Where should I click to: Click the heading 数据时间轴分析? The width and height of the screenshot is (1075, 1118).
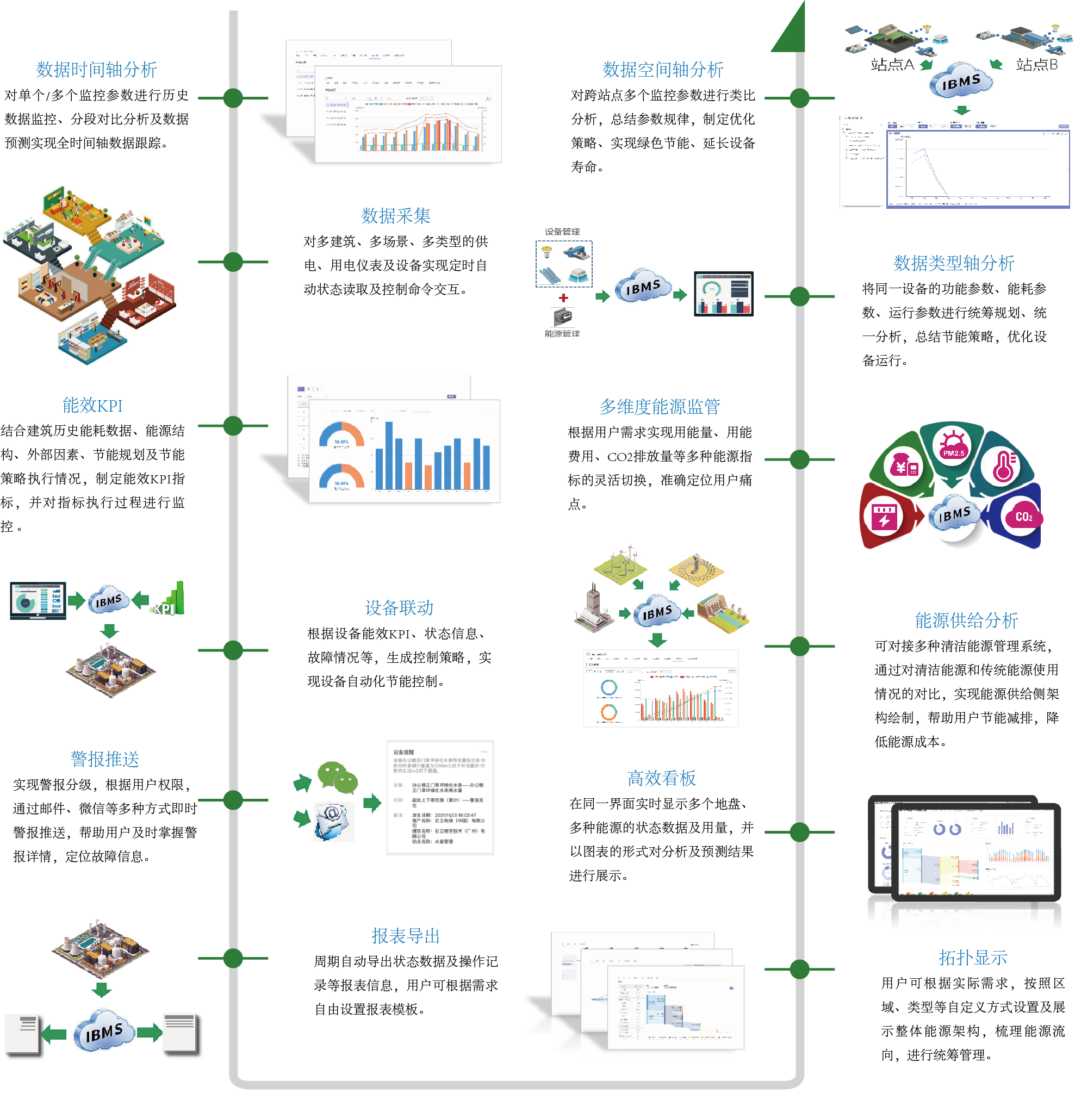96,70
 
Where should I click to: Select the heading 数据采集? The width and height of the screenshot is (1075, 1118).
395,216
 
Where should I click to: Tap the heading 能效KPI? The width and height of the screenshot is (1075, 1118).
92,406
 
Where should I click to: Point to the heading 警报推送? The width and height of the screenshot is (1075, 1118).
104,759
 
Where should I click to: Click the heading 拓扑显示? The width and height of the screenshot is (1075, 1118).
972,958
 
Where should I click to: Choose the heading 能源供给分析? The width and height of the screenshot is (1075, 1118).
966,620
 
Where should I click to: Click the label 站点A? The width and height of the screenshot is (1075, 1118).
892,65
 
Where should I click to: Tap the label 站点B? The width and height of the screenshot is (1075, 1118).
1036,65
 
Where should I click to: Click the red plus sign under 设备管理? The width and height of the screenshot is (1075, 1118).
563,298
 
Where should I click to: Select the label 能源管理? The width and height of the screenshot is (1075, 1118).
562,334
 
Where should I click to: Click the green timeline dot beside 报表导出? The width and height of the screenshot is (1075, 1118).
233,958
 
